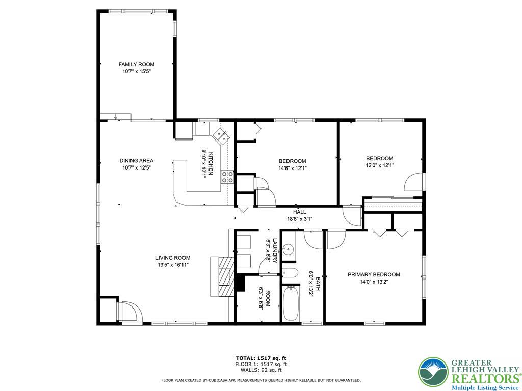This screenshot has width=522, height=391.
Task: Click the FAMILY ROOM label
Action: click(x=136, y=64)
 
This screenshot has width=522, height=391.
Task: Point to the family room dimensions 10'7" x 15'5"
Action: click(x=136, y=72)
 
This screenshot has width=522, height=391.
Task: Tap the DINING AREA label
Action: click(x=136, y=160)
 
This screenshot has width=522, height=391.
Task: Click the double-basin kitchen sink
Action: click(x=221, y=135)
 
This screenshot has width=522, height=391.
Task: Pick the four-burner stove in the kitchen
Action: click(x=227, y=177)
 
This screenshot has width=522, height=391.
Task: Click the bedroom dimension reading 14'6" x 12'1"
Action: click(x=292, y=168)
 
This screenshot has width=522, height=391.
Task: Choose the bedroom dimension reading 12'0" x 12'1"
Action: click(x=379, y=165)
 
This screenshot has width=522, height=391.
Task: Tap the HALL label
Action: click(x=299, y=212)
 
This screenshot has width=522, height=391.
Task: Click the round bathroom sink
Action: click(x=288, y=250)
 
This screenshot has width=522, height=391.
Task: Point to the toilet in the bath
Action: click(x=290, y=272)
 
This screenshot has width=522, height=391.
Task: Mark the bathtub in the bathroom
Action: click(x=291, y=303)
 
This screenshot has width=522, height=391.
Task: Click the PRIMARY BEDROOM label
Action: click(x=374, y=274)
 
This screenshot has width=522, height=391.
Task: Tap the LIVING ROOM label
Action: click(x=173, y=258)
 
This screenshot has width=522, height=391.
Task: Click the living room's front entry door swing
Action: click(x=128, y=311)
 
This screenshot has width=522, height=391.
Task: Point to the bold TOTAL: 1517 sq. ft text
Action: click(x=261, y=357)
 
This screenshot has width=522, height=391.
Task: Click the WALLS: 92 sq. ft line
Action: click(x=261, y=371)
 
